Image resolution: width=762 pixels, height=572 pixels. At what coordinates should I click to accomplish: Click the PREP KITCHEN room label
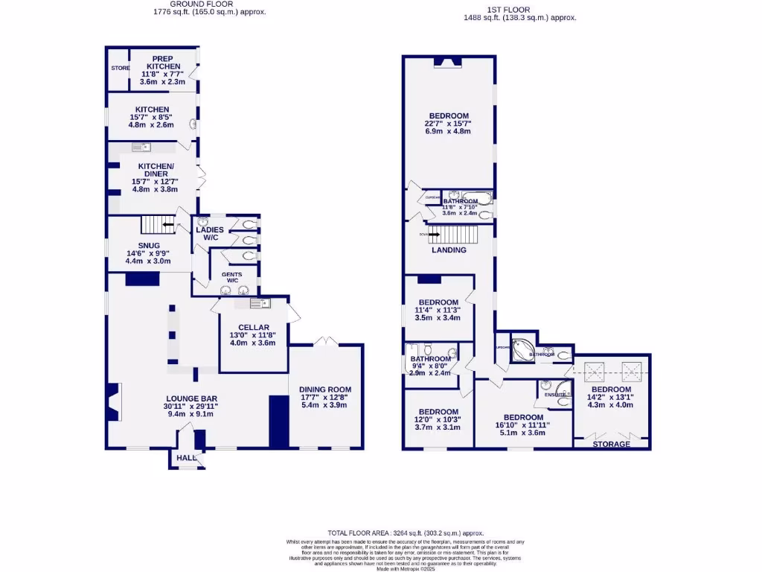tap(163, 63)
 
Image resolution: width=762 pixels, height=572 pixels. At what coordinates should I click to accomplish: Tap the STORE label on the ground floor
tap(120, 68)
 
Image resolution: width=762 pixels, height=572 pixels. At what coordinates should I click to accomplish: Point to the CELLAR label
tap(253, 328)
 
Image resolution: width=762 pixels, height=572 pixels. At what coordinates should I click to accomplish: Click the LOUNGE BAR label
tap(190, 398)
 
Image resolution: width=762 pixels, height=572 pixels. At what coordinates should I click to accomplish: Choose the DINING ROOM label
tap(325, 390)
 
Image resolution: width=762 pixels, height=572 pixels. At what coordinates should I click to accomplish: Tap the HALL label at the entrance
tap(186, 459)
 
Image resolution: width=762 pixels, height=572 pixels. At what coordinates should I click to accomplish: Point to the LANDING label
tap(449, 250)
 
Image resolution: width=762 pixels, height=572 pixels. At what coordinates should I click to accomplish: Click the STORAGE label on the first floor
tap(611, 445)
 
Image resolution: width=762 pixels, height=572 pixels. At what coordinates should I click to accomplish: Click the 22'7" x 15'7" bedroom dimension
tap(448, 124)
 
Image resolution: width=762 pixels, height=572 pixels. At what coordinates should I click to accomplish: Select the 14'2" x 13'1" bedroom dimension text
tap(611, 398)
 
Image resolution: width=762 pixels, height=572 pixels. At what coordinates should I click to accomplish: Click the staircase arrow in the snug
tap(169, 223)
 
